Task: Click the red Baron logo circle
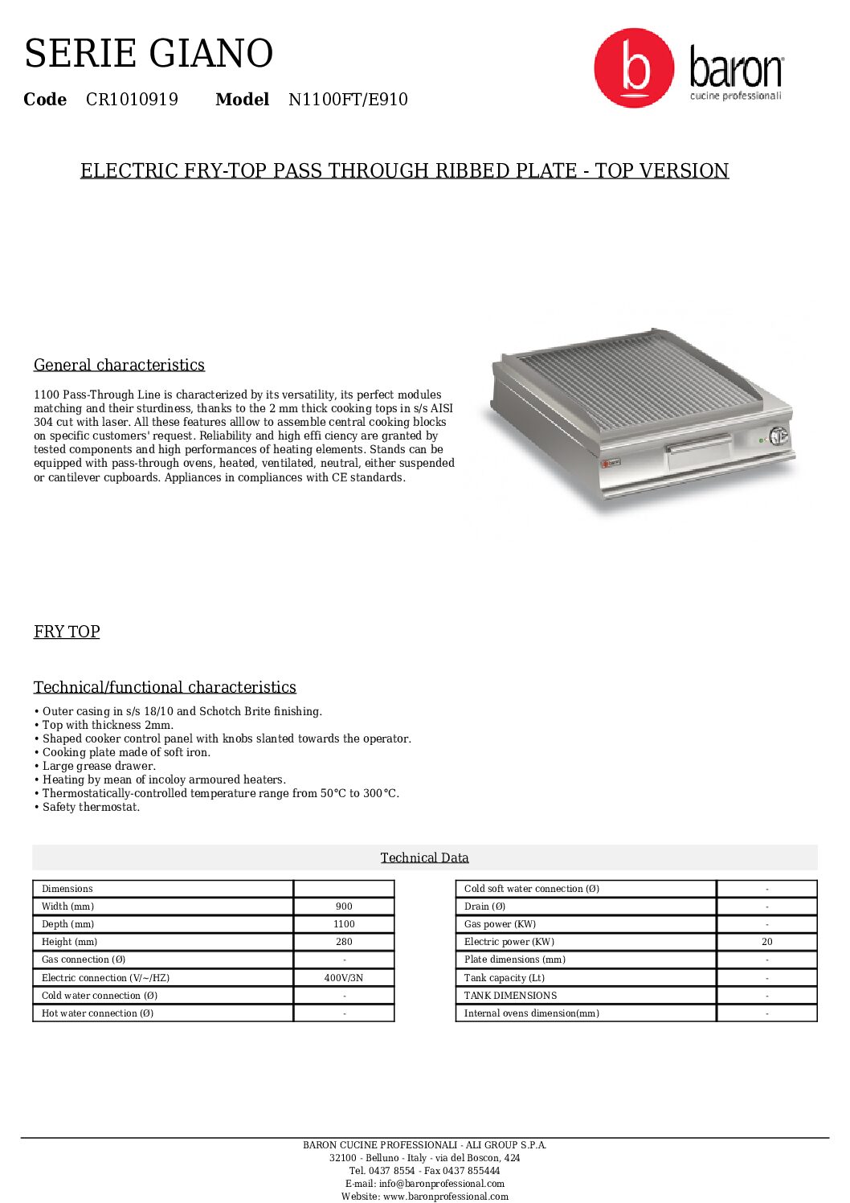click(634, 68)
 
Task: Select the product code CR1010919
click(132, 100)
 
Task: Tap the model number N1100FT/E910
click(348, 100)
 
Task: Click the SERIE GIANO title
click(149, 54)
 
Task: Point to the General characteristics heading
click(119, 365)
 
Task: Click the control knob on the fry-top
click(777, 436)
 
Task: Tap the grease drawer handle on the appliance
click(698, 444)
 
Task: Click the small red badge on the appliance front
click(611, 462)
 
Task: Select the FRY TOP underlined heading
click(67, 632)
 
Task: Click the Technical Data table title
click(424, 857)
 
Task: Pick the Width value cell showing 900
click(344, 906)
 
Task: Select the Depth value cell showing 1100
click(344, 924)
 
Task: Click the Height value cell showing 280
click(344, 942)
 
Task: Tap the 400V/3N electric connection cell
click(344, 978)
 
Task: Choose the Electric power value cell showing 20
click(766, 942)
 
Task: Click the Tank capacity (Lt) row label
click(505, 978)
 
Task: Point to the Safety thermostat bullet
click(91, 807)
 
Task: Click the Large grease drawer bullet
click(99, 766)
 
